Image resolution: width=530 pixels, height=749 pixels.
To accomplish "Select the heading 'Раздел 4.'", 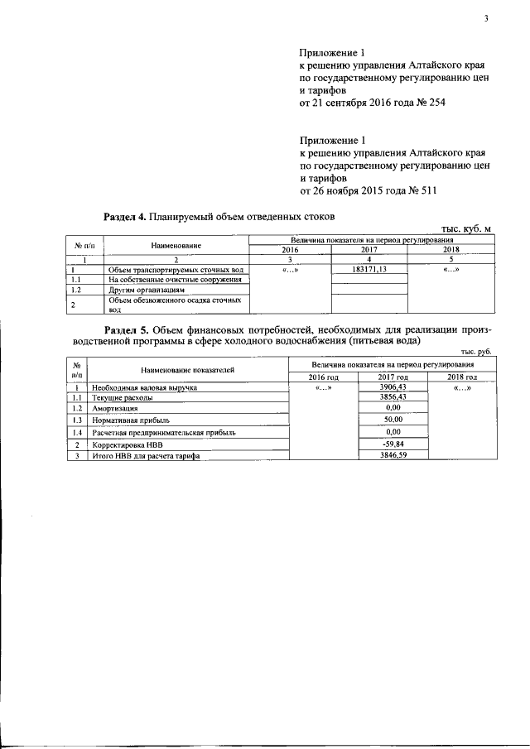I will click(124, 218).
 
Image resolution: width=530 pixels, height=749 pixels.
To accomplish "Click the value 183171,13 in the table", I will click(369, 270).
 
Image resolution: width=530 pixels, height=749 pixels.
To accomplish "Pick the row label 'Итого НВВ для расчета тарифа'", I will click(147, 456).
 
